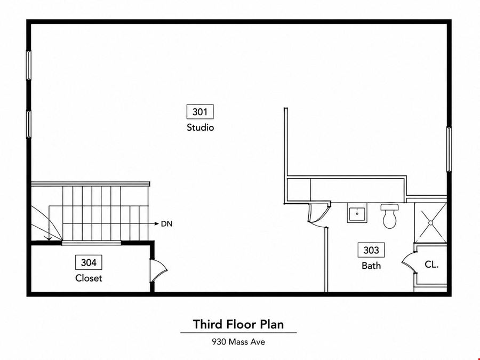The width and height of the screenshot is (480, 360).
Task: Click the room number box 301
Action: [200, 112]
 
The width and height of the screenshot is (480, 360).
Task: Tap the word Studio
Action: [200, 127]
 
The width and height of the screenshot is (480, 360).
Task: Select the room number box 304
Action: [89, 262]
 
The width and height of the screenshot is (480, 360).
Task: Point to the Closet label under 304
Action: [89, 278]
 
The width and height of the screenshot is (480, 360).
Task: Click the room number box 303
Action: [371, 250]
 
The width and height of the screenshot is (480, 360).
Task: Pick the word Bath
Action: [371, 266]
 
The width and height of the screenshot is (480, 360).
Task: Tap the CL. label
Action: [431, 264]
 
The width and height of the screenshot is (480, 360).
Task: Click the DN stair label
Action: [167, 224]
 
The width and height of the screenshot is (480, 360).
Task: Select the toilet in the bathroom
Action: [390, 216]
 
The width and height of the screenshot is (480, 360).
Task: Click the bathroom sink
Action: [357, 213]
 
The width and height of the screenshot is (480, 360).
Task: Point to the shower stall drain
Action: [430, 223]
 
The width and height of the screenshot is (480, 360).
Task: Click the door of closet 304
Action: [158, 270]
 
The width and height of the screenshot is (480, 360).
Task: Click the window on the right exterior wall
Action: [449, 149]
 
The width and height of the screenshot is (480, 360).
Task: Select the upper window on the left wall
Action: [28, 65]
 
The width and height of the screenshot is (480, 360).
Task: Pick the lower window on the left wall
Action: [28, 124]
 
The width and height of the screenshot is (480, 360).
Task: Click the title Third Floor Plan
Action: [238, 324]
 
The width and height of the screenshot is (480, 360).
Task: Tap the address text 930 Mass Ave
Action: [238, 342]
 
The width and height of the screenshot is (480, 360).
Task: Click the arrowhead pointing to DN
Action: [156, 224]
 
